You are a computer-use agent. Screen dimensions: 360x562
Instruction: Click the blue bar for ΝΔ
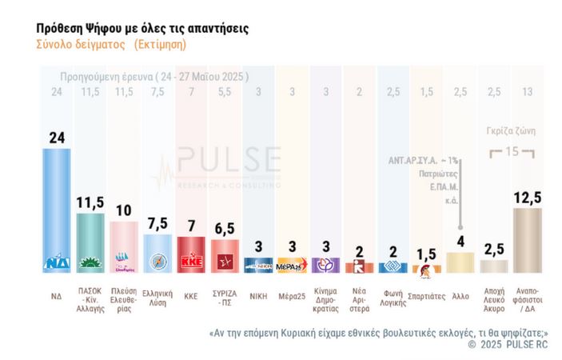click(56, 210)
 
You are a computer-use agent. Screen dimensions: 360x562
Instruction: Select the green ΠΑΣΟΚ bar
click(90, 242)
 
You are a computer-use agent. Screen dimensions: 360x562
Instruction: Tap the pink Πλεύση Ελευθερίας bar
click(124, 246)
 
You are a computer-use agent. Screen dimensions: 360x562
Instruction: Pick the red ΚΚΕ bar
click(191, 254)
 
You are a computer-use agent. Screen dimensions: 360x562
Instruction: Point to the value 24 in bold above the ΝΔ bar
click(57, 137)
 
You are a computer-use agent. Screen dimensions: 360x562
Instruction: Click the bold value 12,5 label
click(527, 196)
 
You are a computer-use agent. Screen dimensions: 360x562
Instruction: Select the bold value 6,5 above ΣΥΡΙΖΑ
click(225, 228)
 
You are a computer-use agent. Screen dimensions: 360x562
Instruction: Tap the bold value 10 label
click(124, 210)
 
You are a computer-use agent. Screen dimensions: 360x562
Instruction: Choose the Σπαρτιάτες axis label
click(426, 295)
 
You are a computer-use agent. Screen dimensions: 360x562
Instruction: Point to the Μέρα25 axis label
click(292, 295)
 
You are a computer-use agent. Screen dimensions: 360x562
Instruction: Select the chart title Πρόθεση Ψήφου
click(142, 28)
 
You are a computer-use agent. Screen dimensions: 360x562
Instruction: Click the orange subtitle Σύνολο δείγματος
click(80, 45)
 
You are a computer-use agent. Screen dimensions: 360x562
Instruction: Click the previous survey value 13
click(527, 93)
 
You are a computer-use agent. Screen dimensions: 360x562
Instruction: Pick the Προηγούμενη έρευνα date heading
click(154, 77)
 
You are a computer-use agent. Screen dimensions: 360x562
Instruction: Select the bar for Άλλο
click(460, 262)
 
